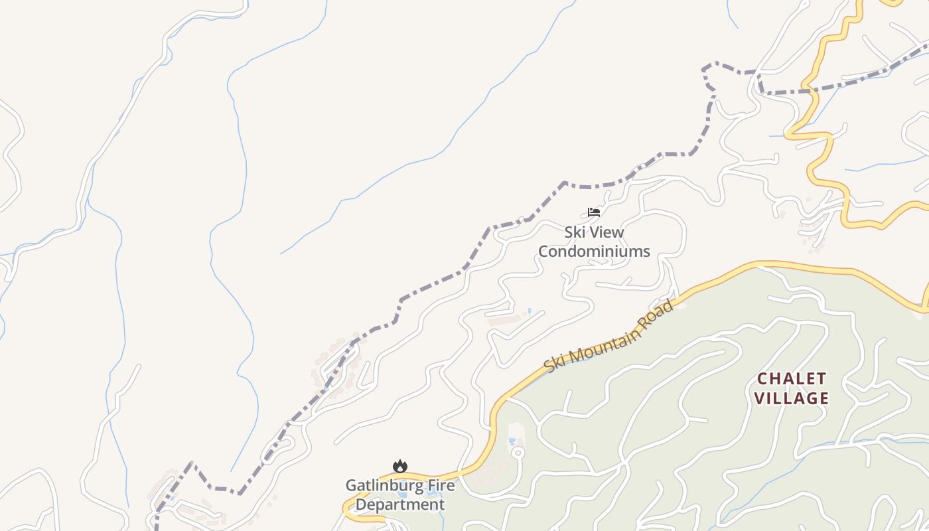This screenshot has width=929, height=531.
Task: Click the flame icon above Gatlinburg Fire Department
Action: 399,467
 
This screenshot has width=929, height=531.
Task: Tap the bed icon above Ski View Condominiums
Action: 594,212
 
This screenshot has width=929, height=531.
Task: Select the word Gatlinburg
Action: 377,485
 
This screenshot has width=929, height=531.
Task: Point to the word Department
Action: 400,504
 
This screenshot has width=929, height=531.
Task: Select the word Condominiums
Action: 594,252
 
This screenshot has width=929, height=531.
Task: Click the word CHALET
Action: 792,379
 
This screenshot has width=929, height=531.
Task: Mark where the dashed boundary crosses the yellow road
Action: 806,90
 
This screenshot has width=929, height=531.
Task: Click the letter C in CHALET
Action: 762,379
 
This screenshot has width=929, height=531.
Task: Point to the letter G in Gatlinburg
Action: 351,485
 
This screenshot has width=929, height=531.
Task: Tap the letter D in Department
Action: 362,504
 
